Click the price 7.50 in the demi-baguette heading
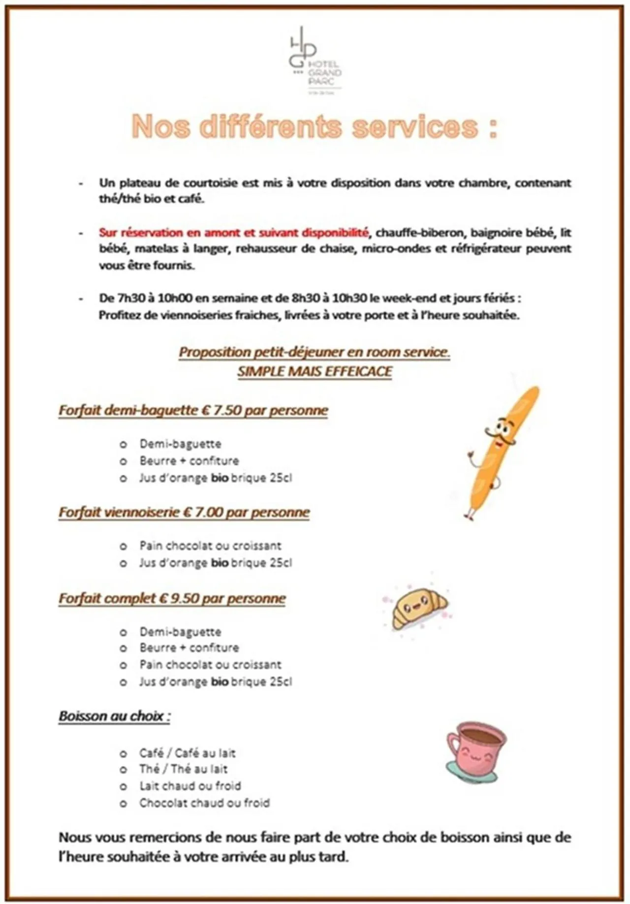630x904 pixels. click(x=227, y=410)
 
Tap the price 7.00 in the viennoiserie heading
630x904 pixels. click(x=209, y=512)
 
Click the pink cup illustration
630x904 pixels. click(x=475, y=752)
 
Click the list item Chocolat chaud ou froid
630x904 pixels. click(x=204, y=803)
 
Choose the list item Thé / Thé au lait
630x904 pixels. click(x=183, y=769)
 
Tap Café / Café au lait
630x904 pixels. click(x=187, y=752)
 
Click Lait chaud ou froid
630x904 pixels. click(x=190, y=785)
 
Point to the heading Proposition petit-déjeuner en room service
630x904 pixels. click(x=314, y=352)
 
